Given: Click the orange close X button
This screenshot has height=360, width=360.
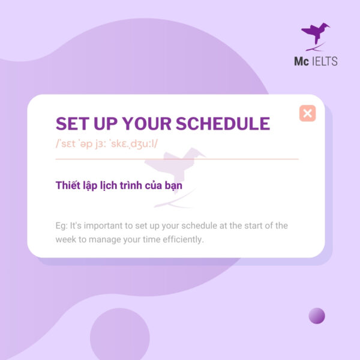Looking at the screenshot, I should click(307, 113).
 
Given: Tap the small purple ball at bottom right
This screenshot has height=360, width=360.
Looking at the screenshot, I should click(317, 316).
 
